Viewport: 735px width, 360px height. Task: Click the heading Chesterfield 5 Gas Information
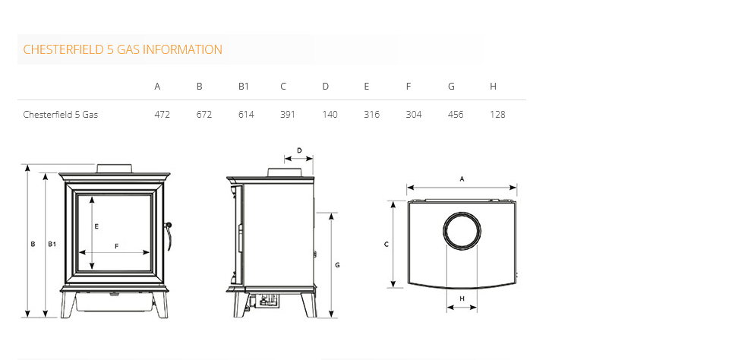(x=123, y=49)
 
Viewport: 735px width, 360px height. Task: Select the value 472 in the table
(x=162, y=115)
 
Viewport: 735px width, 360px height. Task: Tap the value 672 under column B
(x=204, y=115)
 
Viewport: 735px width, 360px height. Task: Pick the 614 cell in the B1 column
(x=246, y=115)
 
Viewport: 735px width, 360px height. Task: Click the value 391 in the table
(x=287, y=115)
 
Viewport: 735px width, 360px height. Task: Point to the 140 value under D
(x=330, y=115)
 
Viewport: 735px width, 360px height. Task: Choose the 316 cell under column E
(x=372, y=115)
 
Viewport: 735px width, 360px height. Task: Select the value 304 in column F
(x=413, y=115)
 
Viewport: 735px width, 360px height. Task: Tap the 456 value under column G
(x=456, y=115)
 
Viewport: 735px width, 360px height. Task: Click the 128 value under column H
(x=497, y=115)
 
